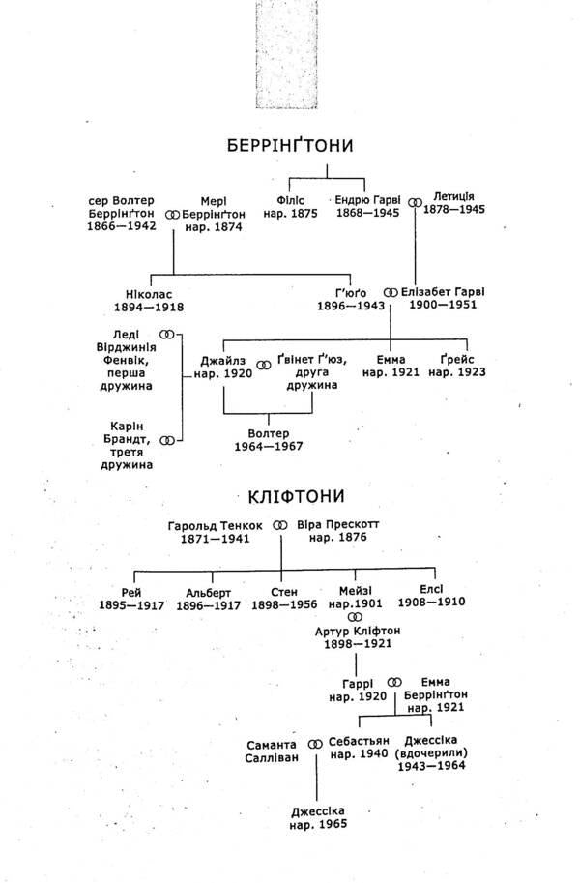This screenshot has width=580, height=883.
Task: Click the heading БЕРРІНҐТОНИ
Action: click(x=290, y=145)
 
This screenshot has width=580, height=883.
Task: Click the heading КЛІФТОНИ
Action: click(x=296, y=496)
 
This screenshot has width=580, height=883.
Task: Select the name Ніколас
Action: click(x=149, y=295)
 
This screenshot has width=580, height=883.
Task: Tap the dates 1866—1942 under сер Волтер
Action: click(x=122, y=226)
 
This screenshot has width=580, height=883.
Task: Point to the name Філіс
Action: click(x=291, y=200)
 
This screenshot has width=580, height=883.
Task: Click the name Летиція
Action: click(x=453, y=197)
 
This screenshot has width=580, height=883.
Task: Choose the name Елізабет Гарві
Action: click(x=443, y=292)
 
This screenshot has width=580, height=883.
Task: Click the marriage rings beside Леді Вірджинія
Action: click(x=167, y=334)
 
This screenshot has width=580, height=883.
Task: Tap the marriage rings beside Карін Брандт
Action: click(x=167, y=440)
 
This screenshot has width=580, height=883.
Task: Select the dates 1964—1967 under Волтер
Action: click(x=269, y=447)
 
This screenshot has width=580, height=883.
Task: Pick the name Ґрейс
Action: click(x=457, y=359)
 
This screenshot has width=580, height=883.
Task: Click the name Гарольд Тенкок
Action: click(x=216, y=526)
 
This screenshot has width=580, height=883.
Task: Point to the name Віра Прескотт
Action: click(x=338, y=525)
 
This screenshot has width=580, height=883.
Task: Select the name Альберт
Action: click(x=209, y=593)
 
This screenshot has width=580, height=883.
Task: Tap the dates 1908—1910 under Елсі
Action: click(x=432, y=602)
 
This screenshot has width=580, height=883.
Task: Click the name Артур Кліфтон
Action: click(x=358, y=632)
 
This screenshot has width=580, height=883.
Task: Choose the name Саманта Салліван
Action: click(x=272, y=751)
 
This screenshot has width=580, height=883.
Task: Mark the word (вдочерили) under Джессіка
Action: click(x=431, y=752)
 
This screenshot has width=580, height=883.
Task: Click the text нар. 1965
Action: click(x=318, y=824)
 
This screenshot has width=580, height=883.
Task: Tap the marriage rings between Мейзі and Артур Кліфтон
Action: click(x=356, y=617)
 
